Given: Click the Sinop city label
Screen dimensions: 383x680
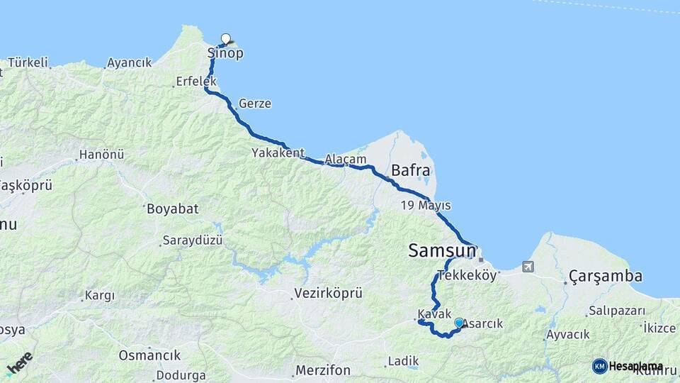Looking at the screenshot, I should click(x=225, y=54).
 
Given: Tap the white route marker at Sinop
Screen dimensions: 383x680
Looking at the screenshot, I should click(x=226, y=38).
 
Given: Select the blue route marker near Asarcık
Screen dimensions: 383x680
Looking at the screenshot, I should click(x=459, y=323).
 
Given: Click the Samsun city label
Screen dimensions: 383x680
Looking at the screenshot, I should click(x=442, y=250).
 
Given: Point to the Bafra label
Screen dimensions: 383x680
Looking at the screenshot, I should click(x=410, y=170).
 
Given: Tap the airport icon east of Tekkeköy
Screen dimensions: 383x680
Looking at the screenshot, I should click(x=527, y=267).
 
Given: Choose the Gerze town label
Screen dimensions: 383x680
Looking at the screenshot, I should click(x=255, y=104).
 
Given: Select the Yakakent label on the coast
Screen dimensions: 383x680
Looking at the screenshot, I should click(x=278, y=152).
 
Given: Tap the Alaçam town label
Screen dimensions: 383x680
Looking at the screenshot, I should click(x=346, y=160).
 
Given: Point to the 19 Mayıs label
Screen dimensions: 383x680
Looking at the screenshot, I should click(x=426, y=206).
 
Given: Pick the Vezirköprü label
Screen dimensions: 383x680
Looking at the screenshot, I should click(x=327, y=292).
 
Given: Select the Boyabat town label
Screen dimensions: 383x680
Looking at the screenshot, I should click(x=172, y=209).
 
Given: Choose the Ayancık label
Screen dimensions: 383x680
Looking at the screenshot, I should click(x=129, y=63).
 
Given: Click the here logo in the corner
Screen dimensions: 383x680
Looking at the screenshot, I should click(x=19, y=364).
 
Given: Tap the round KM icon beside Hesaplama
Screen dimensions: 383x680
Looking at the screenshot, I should click(x=599, y=366).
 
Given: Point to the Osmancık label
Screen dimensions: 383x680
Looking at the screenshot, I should click(x=149, y=355).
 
